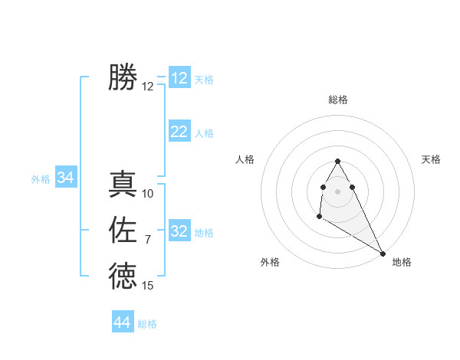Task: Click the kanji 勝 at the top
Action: click(123, 77)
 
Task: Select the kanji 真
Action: click(123, 185)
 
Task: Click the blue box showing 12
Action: click(179, 78)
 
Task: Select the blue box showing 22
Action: click(179, 132)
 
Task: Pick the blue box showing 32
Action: click(179, 231)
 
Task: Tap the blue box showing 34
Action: click(65, 178)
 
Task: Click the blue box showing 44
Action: click(123, 322)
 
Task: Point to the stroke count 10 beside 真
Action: click(148, 194)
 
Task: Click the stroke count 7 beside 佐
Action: click(148, 240)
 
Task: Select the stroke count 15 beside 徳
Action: click(148, 286)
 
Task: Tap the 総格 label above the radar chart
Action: click(338, 100)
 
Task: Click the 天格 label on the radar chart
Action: click(432, 159)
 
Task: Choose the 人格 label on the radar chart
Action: click(245, 159)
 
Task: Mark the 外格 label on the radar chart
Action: click(270, 262)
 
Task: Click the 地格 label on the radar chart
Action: click(402, 262)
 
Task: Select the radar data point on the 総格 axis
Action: click(338, 161)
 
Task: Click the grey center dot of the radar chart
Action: click(338, 191)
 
